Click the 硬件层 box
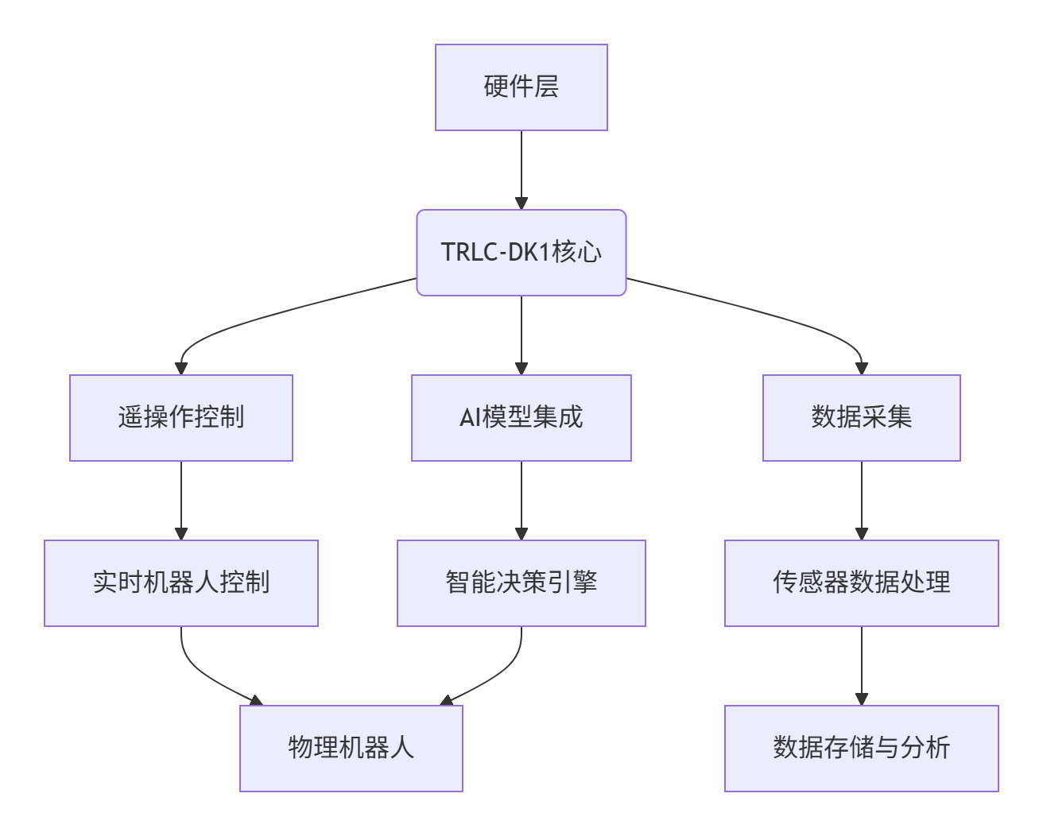coord(521,87)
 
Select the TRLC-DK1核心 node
coord(521,253)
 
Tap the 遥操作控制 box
coord(180,418)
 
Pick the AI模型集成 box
coord(521,418)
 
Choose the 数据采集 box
coord(861,418)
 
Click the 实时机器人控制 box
coord(180,583)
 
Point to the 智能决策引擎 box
coord(521,583)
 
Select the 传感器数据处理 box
coord(861,583)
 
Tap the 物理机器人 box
coord(351,749)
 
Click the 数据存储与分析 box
coord(861,749)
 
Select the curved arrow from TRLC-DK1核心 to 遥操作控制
coord(262,315)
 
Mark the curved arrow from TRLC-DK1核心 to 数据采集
coord(779,315)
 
